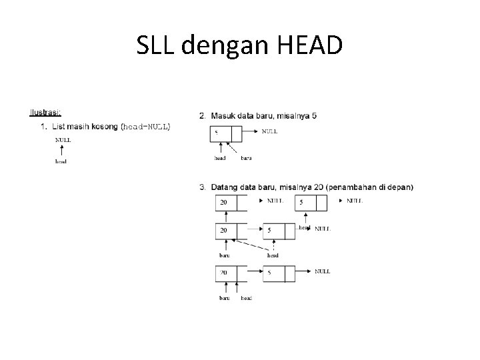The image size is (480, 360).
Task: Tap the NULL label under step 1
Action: point(63,140)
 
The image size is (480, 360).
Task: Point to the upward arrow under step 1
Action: point(62,151)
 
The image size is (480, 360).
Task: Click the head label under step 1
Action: point(61,161)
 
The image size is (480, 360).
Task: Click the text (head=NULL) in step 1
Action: point(145,126)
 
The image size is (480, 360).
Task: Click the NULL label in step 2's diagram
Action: point(270,131)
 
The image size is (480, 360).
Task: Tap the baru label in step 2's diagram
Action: point(246,158)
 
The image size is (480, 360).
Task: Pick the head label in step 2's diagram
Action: point(220,158)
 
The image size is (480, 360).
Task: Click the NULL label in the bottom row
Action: point(323,271)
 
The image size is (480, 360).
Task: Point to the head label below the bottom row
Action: point(247,298)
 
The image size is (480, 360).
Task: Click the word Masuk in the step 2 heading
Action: point(224,115)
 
